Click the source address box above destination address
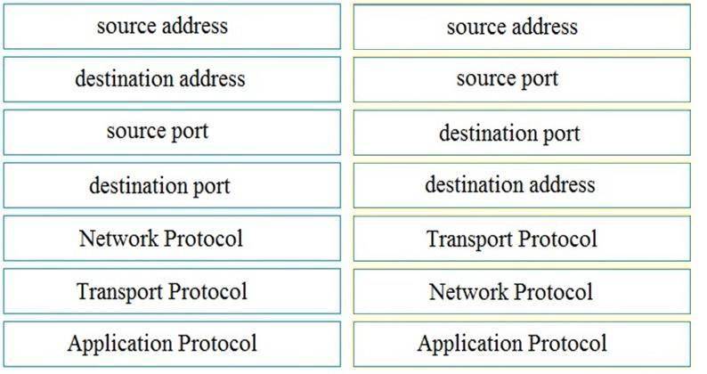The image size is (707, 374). click(x=172, y=27)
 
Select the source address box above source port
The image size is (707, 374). click(x=522, y=27)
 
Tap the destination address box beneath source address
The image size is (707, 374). click(x=172, y=79)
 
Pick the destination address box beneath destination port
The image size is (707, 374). click(x=522, y=185)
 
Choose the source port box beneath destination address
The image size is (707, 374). click(x=172, y=132)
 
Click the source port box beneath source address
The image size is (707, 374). click(x=522, y=80)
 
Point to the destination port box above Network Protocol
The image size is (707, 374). click(x=172, y=185)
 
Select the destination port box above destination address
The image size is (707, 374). click(x=522, y=133)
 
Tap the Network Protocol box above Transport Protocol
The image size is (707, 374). click(x=172, y=239)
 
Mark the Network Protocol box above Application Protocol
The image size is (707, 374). click(x=522, y=291)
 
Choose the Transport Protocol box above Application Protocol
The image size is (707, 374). click(x=172, y=291)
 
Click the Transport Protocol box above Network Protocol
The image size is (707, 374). click(x=522, y=239)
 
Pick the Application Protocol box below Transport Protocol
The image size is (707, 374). click(x=172, y=344)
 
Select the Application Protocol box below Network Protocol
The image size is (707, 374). click(x=522, y=345)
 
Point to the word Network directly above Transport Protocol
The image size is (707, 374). click(x=118, y=239)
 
